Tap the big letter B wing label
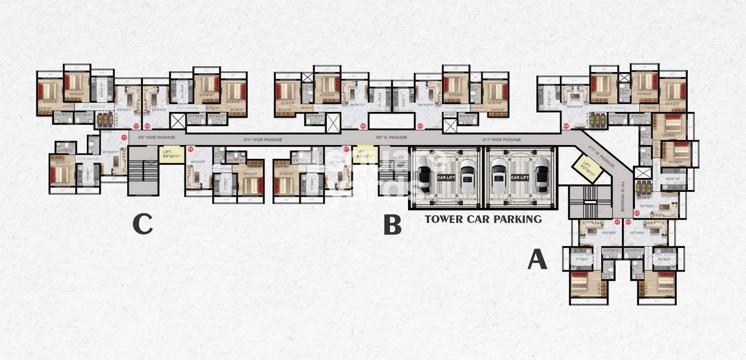click(x=392, y=225)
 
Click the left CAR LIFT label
click(x=446, y=178)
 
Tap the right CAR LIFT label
click(x=520, y=178)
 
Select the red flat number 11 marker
click(x=124, y=137)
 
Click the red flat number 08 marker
click(x=191, y=149)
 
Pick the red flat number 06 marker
click(x=363, y=126)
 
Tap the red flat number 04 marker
click(x=566, y=126)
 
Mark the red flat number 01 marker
click(x=617, y=222)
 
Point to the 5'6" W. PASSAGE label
click(x=391, y=137)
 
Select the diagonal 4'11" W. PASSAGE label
click(x=601, y=156)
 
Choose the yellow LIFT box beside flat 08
click(x=171, y=154)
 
